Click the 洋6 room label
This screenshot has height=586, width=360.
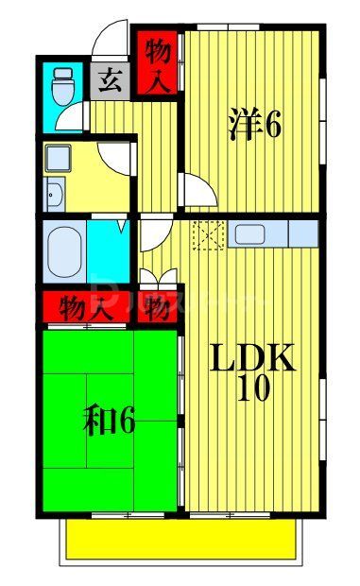(254, 126)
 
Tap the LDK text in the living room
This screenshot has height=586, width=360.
(252, 359)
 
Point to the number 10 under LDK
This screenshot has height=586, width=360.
(252, 389)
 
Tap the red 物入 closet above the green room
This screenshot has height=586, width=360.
(85, 307)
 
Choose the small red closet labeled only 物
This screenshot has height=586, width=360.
(157, 307)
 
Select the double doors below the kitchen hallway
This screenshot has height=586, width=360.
(157, 278)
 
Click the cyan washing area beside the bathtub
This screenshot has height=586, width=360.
(109, 250)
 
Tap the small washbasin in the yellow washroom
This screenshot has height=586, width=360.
(52, 196)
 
